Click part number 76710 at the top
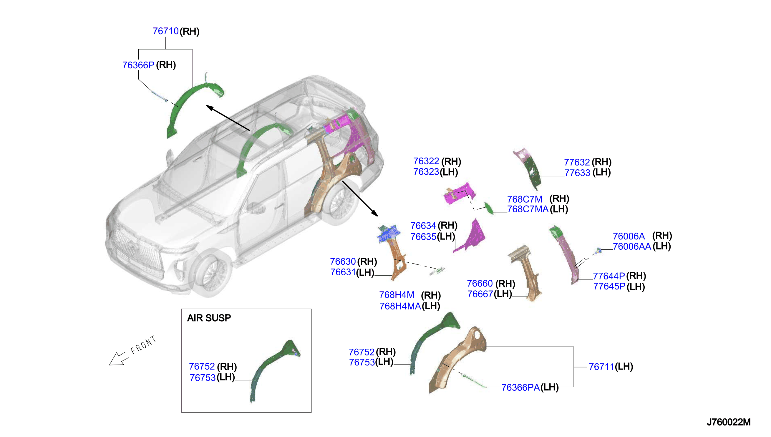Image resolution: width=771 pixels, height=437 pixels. click(x=166, y=31)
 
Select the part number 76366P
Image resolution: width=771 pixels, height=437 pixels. click(x=138, y=65)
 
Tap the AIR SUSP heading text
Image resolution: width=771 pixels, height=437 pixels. click(x=209, y=318)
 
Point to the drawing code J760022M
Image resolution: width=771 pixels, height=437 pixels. click(x=728, y=422)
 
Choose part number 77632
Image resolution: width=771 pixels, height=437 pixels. click(x=577, y=162)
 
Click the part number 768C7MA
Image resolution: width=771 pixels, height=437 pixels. click(x=528, y=209)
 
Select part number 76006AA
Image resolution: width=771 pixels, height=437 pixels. click(x=632, y=246)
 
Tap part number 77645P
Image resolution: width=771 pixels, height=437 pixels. click(x=609, y=286)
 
